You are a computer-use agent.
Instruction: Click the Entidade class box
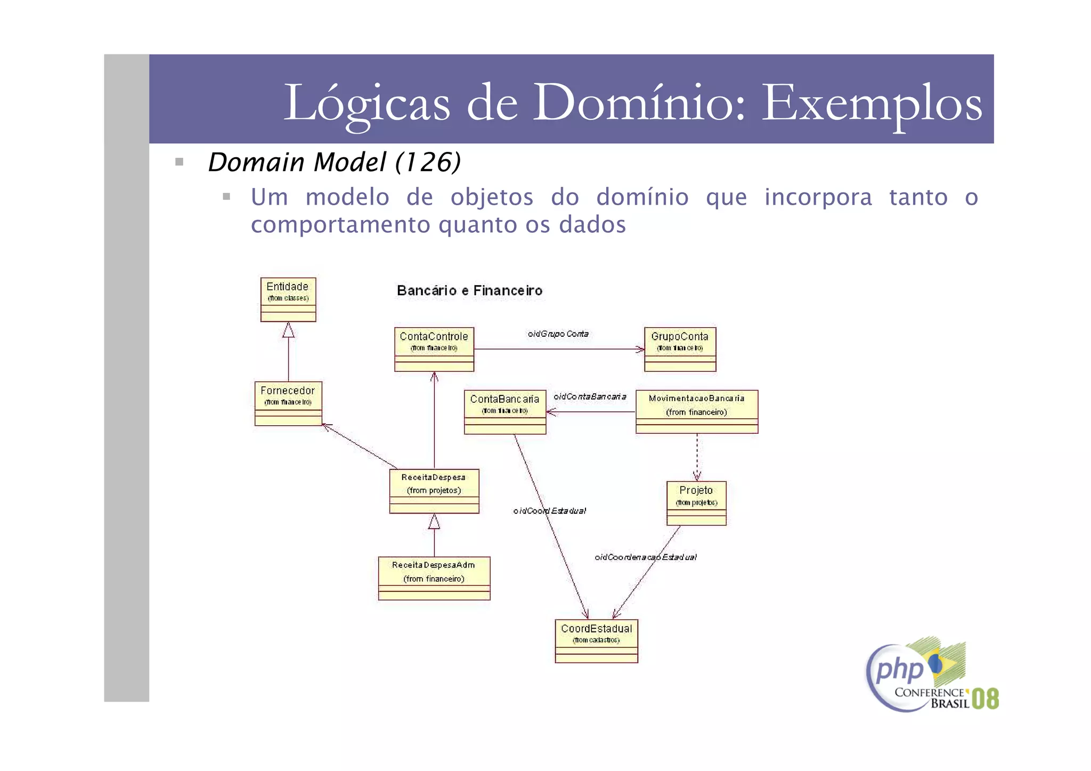[288, 299]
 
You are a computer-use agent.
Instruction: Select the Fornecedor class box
[288, 403]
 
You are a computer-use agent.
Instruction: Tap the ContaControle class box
[434, 349]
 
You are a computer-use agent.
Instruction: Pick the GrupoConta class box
[680, 349]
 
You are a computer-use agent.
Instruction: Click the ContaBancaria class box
[504, 412]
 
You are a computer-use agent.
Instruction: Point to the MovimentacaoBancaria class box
[696, 411]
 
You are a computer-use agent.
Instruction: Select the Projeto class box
[696, 503]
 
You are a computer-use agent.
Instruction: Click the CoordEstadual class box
[596, 640]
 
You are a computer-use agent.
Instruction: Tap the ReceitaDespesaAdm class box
[434, 578]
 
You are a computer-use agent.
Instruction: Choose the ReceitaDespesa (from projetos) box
[434, 491]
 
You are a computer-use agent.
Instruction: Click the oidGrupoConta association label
[558, 334]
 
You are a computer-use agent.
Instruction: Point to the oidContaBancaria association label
[590, 396]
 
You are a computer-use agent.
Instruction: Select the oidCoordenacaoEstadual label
[645, 557]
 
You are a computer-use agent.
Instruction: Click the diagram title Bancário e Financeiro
[469, 291]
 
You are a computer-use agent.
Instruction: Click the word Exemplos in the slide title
[872, 103]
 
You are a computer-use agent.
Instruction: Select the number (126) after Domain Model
[428, 162]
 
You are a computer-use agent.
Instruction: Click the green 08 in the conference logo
[985, 699]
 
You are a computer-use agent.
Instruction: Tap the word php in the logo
[899, 670]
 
